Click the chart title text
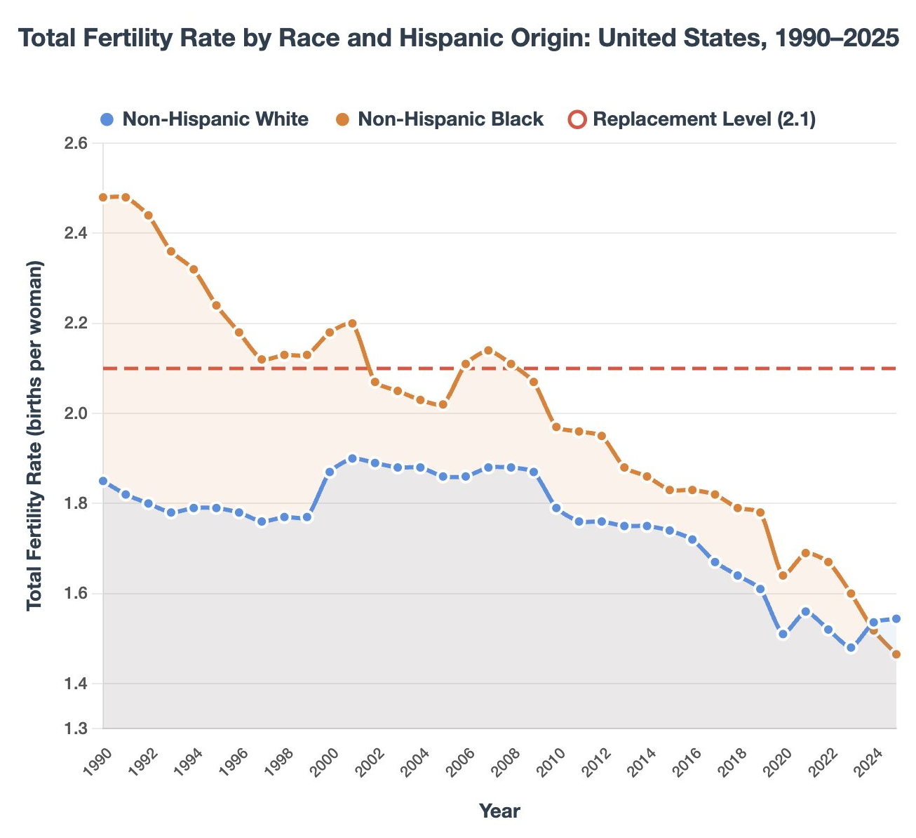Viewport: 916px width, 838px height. pos(459,38)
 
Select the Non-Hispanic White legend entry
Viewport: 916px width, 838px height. pos(215,119)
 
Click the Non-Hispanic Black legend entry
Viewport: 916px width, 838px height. pos(450,119)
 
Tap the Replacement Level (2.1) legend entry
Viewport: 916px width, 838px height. pos(703,119)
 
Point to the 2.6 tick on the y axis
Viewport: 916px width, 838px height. pos(76,143)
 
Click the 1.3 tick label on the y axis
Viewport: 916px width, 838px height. pos(76,729)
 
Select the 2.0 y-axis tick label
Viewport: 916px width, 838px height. pos(76,413)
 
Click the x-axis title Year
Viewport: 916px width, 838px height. pos(499,811)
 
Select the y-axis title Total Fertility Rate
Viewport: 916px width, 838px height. pos(35,436)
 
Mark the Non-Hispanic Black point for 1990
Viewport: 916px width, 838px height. pos(103,197)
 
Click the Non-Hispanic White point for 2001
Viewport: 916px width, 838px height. pos(352,458)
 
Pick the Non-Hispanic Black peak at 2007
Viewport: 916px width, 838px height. pos(488,350)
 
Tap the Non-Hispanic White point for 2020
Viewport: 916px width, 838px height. pos(783,634)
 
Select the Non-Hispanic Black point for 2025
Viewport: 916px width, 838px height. pos(896,655)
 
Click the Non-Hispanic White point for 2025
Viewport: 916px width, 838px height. pos(896,619)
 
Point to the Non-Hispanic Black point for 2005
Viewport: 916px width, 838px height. pos(443,405)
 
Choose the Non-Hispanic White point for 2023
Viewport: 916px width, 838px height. pos(851,648)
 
